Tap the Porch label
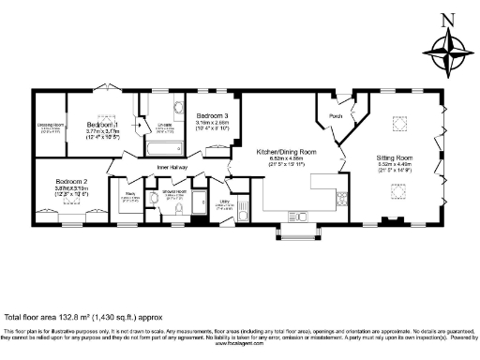click(336, 117)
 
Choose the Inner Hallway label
click(172, 169)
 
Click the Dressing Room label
click(51, 124)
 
